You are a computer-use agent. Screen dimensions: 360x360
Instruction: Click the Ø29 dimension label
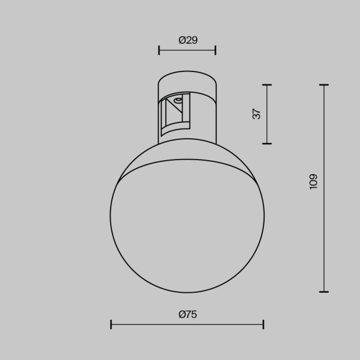[x=188, y=40]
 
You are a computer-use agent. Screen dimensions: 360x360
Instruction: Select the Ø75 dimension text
[x=188, y=315]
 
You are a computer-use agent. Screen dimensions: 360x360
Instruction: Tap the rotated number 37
[x=257, y=113]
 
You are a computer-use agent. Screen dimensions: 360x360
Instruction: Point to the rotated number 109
[x=314, y=182]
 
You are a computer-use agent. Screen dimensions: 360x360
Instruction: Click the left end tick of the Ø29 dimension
[x=159, y=50]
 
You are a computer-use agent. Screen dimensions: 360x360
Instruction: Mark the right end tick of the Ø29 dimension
[x=215, y=50]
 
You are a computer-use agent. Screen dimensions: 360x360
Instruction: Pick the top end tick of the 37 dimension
[x=266, y=84]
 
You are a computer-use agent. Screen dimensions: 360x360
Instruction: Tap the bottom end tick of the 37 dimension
[x=266, y=143]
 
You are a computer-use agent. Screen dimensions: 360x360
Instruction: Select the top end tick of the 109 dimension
[x=324, y=85]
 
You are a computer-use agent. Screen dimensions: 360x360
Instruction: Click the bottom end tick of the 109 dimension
[x=324, y=292]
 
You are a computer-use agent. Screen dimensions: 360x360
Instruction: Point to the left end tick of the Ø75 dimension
[x=111, y=324]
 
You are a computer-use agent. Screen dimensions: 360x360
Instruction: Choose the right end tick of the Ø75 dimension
[x=263, y=324]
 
